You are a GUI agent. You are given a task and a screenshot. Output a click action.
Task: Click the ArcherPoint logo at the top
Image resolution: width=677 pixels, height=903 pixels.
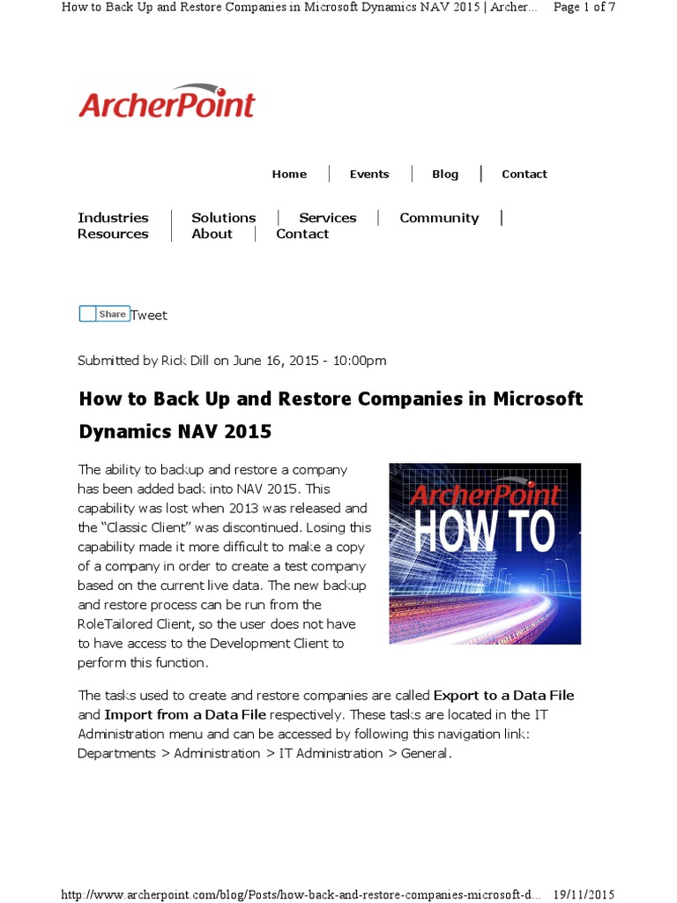click(x=167, y=102)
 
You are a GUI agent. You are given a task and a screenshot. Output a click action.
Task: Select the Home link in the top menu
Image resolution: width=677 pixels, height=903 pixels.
click(x=289, y=174)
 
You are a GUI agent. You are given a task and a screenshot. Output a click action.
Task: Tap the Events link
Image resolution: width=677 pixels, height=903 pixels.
click(x=369, y=174)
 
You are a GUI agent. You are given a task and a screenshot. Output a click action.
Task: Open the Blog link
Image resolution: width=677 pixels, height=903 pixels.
click(x=445, y=174)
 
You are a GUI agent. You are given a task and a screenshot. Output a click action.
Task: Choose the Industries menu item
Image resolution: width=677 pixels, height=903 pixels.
click(x=113, y=218)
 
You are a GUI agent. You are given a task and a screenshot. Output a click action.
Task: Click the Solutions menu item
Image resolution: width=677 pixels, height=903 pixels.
click(x=224, y=218)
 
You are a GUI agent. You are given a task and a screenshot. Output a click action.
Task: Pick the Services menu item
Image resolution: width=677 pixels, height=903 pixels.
click(x=328, y=218)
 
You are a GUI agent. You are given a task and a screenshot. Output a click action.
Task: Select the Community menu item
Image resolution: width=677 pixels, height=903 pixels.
click(x=439, y=218)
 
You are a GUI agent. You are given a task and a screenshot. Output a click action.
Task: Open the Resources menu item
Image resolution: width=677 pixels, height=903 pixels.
click(x=113, y=234)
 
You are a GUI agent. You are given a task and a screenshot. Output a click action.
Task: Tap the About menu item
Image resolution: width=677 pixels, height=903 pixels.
click(x=212, y=234)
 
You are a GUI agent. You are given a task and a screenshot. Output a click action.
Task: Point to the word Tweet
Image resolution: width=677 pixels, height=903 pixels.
click(x=149, y=316)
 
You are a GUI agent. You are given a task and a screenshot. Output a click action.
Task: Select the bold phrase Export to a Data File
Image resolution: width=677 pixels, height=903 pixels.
click(x=503, y=696)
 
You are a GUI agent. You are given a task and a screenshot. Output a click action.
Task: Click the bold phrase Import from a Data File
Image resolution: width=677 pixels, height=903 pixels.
click(x=185, y=714)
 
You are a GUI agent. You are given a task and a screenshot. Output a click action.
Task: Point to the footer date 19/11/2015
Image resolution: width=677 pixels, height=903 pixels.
click(x=584, y=893)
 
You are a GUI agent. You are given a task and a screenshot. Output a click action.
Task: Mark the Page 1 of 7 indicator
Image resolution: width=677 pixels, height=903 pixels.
click(x=584, y=7)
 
